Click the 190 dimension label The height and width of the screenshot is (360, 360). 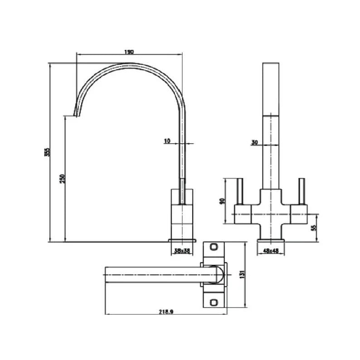click(129, 52)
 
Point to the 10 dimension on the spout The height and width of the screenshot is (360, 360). click(166, 141)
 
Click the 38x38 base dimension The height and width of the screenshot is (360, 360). click(182, 250)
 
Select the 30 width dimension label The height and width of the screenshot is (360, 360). click(254, 142)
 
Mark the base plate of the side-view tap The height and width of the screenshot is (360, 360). click(183, 240)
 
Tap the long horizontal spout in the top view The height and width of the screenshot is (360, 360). click(154, 274)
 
